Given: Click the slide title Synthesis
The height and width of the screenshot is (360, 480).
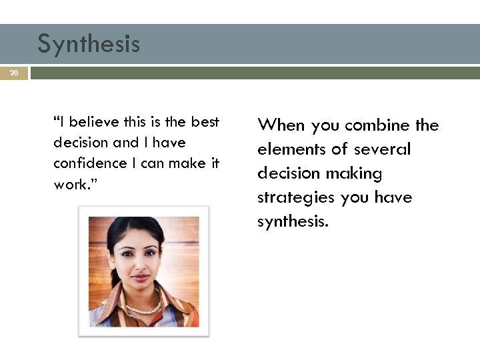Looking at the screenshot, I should (x=89, y=44).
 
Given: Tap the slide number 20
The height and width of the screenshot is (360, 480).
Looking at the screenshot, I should (x=14, y=73).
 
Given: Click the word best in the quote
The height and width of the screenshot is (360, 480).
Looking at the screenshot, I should (x=205, y=121).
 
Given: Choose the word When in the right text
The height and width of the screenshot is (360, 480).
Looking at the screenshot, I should (x=282, y=125).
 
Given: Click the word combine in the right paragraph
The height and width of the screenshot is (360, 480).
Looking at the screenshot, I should (x=377, y=125).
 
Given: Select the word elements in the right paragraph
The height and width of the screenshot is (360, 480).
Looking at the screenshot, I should (x=289, y=149).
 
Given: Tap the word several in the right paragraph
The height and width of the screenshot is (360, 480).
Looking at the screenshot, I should (x=382, y=149).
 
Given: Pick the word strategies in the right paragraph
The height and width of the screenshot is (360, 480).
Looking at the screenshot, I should (x=297, y=197).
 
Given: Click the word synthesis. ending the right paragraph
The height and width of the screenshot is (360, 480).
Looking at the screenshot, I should (x=293, y=221).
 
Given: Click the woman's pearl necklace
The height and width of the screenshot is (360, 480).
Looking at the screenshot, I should (x=143, y=309).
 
